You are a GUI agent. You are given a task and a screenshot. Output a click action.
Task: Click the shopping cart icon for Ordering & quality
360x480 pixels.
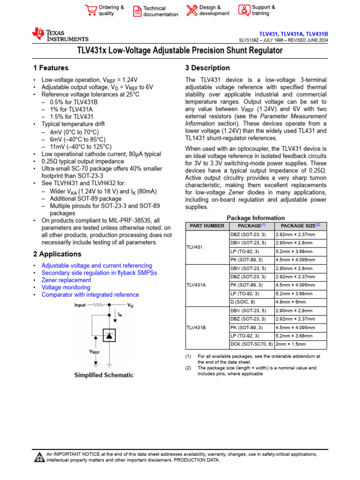click(x=90, y=10)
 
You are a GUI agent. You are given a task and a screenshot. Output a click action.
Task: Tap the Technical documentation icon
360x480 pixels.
click(x=136, y=11)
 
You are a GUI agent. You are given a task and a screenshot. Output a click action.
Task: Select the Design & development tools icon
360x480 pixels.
click(x=192, y=10)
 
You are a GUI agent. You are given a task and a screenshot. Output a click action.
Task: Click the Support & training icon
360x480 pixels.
click(x=244, y=10)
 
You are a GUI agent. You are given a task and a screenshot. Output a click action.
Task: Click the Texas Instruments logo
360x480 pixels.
click(x=60, y=35)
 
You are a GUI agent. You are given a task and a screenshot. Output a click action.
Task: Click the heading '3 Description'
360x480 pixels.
click(x=207, y=68)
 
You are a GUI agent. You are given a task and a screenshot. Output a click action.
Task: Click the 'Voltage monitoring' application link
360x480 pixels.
click(x=66, y=287)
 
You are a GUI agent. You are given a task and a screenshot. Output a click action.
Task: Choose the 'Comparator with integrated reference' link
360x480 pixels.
click(x=90, y=295)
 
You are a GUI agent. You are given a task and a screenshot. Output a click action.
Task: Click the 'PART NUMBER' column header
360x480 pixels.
click(x=207, y=226)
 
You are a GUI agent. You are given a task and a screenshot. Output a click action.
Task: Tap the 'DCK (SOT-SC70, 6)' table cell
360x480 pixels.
click(x=251, y=344)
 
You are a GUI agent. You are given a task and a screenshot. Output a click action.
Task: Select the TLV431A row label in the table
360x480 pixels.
click(x=196, y=285)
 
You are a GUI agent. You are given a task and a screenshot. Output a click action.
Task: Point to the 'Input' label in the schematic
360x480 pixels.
click(x=81, y=305)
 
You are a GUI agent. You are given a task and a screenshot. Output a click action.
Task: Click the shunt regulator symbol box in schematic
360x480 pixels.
click(x=109, y=335)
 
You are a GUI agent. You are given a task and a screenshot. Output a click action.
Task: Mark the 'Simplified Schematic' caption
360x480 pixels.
click(x=104, y=375)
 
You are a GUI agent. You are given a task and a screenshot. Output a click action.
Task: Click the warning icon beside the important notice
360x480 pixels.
click(x=39, y=457)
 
